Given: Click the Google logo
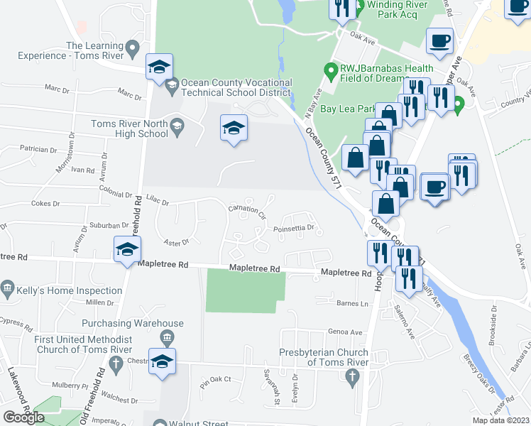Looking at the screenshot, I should [23, 417].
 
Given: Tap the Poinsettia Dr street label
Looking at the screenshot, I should [294, 229].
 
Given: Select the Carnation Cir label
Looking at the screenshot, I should [246, 211].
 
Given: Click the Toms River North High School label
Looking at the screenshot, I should [129, 129].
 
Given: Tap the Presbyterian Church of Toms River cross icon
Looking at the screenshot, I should [353, 376].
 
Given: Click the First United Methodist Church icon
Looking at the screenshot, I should [168, 336].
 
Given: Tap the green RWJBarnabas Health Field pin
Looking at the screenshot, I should [329, 70].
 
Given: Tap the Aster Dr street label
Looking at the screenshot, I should [177, 242].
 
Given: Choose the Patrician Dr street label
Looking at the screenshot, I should [38, 150].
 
